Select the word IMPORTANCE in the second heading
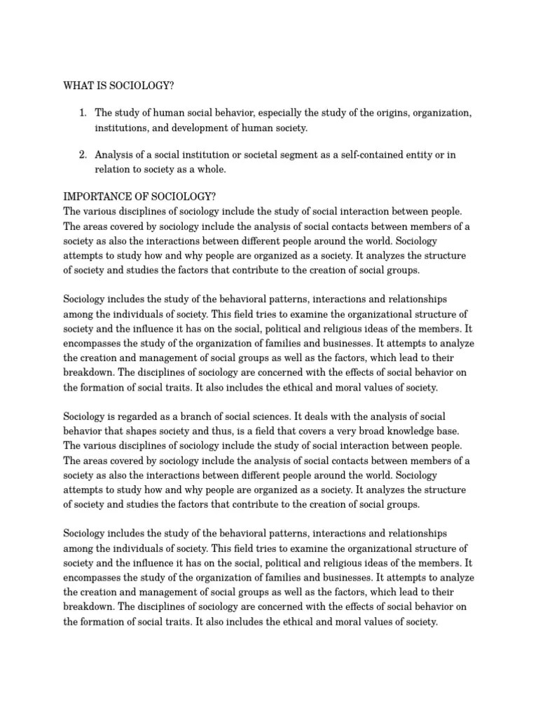[97, 196]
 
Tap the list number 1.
[82, 113]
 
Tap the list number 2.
[82, 154]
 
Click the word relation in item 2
[113, 169]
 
